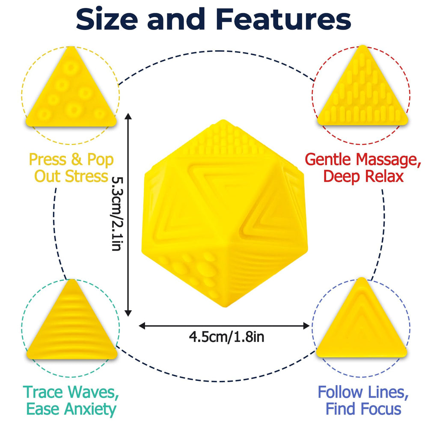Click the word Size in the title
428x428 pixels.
point(107,19)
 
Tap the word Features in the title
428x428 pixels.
point(283,19)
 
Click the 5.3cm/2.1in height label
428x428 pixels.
point(117,214)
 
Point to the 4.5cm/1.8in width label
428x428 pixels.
point(226,337)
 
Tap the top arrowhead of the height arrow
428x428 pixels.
point(128,116)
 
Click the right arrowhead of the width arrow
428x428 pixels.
point(306,326)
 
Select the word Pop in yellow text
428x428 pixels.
point(100,160)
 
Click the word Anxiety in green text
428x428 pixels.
point(91,410)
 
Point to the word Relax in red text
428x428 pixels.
point(384,176)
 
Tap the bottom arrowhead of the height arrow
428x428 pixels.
point(128,313)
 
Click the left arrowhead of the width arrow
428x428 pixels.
point(142,326)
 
